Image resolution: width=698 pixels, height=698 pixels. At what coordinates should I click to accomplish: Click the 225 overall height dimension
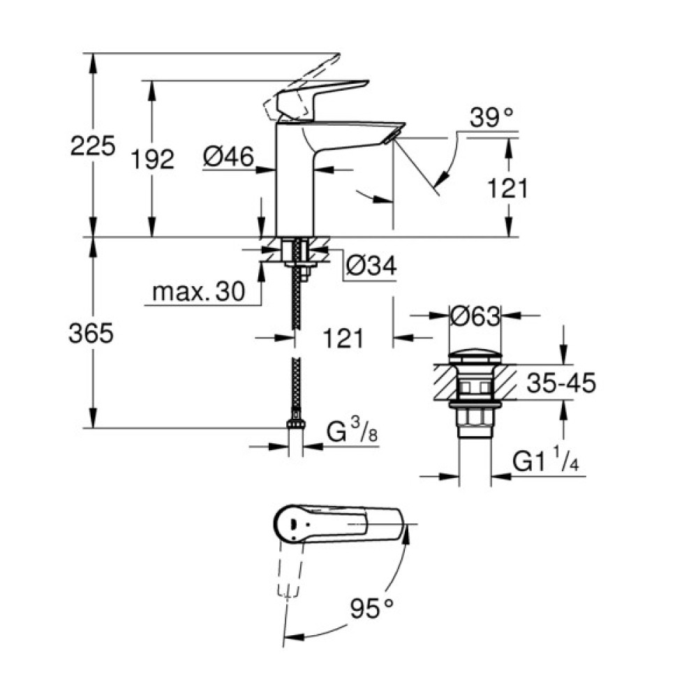(x=91, y=147)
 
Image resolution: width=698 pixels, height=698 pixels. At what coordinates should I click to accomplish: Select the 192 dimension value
(x=153, y=160)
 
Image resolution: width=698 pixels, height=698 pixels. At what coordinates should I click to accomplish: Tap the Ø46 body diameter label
(x=228, y=158)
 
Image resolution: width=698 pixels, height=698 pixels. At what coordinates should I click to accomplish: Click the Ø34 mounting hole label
(x=371, y=265)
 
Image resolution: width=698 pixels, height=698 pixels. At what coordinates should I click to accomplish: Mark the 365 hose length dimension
(x=91, y=334)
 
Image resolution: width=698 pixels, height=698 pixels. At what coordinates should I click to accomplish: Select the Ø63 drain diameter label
(x=475, y=317)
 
